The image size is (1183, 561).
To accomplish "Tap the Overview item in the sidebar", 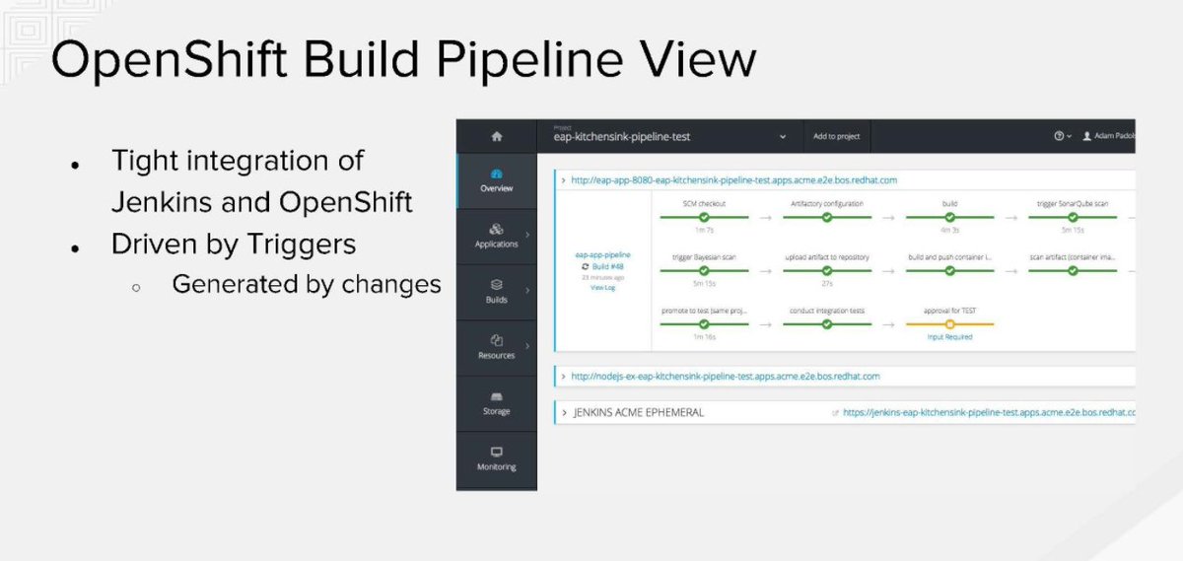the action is click(x=496, y=180).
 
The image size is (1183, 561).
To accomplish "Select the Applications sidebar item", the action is click(x=496, y=236).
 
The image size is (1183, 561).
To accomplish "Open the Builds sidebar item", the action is click(x=496, y=292).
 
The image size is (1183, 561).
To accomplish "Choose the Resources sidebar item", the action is click(x=496, y=347).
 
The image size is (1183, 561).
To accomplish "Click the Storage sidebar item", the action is click(x=496, y=403).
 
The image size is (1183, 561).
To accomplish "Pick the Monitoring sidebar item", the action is click(x=496, y=458).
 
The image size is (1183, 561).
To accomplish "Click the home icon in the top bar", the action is click(x=496, y=137).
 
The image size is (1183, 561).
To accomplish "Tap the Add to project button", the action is click(x=836, y=137).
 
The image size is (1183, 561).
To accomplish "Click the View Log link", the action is click(x=602, y=288).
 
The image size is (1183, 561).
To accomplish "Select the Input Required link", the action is click(x=949, y=337).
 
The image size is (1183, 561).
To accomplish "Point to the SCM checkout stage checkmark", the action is click(x=704, y=216).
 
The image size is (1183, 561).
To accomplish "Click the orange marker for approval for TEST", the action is click(x=949, y=323).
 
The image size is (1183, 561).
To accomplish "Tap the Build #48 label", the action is click(x=607, y=266).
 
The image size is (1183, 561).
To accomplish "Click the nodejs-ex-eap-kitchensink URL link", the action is click(x=725, y=377).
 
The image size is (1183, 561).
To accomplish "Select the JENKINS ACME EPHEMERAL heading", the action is click(x=639, y=412).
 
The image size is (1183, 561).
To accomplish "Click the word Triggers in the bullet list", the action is click(x=303, y=244).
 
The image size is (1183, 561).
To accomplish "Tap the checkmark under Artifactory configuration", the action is click(x=827, y=216).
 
